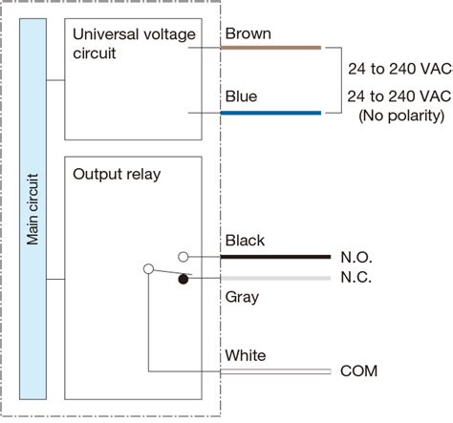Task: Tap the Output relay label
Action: coord(118,175)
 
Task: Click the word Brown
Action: coord(247,33)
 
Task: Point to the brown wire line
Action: coord(271,47)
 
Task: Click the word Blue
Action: coord(241,96)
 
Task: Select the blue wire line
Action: coord(271,112)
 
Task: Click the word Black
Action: coord(244,241)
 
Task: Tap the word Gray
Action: coord(242,297)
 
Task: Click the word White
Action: coord(245,355)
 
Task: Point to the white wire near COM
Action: coord(277,370)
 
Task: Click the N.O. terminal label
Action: coord(356,258)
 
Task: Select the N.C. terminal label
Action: coord(356,278)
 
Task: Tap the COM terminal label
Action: coord(359,371)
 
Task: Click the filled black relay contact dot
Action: coord(183,279)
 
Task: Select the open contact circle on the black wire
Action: coord(183,256)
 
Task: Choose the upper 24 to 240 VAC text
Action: coord(399,69)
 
